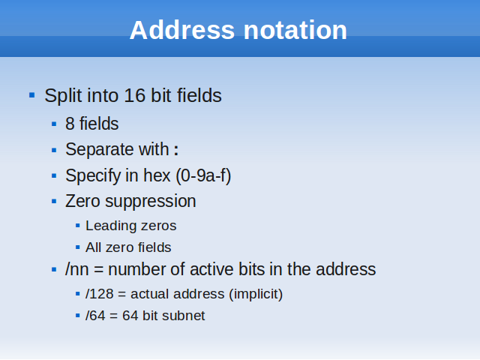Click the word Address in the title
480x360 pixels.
pyautogui.click(x=182, y=30)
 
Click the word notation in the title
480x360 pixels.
pyautogui.click(x=295, y=30)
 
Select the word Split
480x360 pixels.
pyautogui.click(x=63, y=96)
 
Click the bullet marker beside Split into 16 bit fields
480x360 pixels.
pyautogui.click(x=31, y=95)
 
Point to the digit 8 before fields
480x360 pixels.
pyautogui.click(x=70, y=124)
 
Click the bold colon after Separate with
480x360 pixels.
pyautogui.click(x=176, y=150)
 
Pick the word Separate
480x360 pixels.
pyautogui.click(x=100, y=150)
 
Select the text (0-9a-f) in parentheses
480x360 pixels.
pyautogui.click(x=203, y=176)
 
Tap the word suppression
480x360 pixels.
pyautogui.click(x=151, y=202)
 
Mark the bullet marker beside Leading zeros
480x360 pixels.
pyautogui.click(x=78, y=226)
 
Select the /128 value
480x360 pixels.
pyautogui.click(x=100, y=294)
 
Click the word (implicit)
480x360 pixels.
pyautogui.click(x=256, y=294)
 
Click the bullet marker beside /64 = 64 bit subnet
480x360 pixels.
pyautogui.click(x=78, y=316)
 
